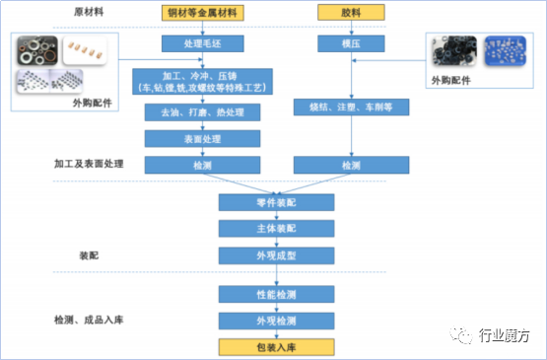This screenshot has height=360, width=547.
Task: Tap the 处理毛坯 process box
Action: coord(202,44)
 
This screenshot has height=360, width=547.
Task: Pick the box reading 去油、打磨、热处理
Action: coord(202,112)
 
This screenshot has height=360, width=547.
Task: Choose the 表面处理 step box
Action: coord(202,139)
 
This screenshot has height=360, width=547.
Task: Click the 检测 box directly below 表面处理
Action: coord(202,166)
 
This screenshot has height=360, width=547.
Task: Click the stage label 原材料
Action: coord(90,13)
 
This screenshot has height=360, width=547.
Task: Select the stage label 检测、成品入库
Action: coord(86,321)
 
